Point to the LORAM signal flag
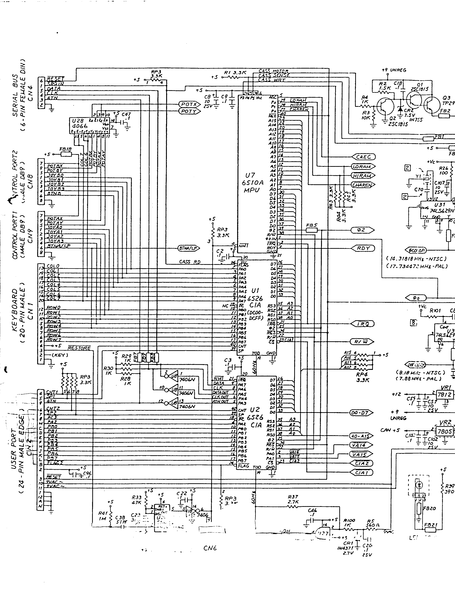(363, 166)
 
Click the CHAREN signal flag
(363, 185)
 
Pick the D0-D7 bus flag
(361, 413)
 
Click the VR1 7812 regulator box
(444, 395)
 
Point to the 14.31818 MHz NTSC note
(416, 259)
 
